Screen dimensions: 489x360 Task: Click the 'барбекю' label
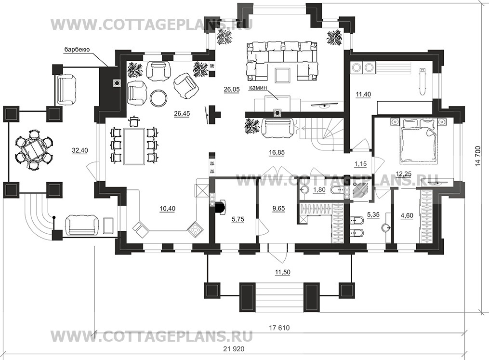click(77, 49)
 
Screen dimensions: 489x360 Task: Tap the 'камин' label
click(258, 88)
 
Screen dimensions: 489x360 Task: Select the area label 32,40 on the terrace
click(80, 150)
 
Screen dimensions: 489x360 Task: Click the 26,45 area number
click(182, 114)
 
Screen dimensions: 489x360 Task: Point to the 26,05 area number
click(232, 90)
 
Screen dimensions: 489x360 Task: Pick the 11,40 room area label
click(363, 94)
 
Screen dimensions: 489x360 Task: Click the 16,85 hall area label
click(277, 152)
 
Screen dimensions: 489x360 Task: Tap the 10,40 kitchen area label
click(167, 208)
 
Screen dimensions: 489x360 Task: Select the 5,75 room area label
click(238, 219)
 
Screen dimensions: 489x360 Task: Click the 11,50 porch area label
click(282, 272)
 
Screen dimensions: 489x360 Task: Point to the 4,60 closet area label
click(407, 215)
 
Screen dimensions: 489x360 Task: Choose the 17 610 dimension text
click(279, 328)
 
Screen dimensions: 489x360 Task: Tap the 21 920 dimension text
click(234, 349)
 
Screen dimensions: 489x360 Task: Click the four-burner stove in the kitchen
click(195, 230)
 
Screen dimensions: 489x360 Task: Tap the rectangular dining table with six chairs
click(134, 146)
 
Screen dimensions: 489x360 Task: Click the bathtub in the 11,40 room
click(422, 81)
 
